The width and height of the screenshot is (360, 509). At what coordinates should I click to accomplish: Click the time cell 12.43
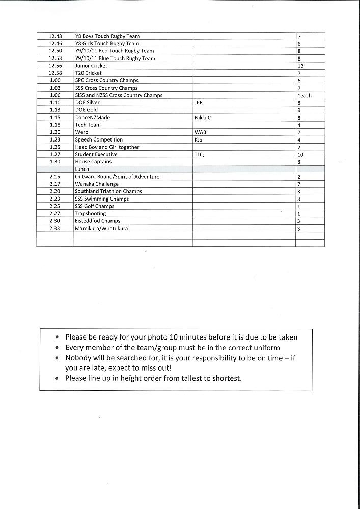[x=55, y=36]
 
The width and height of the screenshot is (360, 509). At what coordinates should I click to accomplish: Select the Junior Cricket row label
[x=91, y=66]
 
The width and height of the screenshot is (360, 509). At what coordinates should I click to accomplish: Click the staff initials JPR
[x=199, y=103]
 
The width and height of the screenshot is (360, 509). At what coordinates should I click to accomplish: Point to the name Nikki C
[x=203, y=118]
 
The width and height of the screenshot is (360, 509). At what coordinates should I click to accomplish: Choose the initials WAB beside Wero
[x=200, y=132]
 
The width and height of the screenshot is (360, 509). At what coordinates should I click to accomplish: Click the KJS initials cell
[x=199, y=139]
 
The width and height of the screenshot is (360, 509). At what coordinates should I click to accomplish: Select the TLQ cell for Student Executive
[x=199, y=154]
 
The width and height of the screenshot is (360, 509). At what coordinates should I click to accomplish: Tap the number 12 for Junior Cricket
[x=300, y=66]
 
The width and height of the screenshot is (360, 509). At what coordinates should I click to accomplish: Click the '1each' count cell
[x=304, y=96]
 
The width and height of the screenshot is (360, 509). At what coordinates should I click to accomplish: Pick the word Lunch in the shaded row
[x=82, y=169]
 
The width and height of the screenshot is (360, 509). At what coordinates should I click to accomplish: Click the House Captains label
[x=93, y=162]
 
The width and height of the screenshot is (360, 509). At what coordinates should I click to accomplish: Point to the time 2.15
[x=55, y=177]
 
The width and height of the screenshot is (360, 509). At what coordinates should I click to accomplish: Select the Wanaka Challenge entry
[x=97, y=184]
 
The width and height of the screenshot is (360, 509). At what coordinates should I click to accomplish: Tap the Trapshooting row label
[x=91, y=214]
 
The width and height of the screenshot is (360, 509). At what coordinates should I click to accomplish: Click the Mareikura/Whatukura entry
[x=101, y=229]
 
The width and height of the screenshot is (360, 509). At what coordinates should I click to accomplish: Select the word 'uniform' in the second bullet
[x=265, y=348]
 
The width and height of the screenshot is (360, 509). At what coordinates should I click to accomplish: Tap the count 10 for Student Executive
[x=300, y=155]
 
